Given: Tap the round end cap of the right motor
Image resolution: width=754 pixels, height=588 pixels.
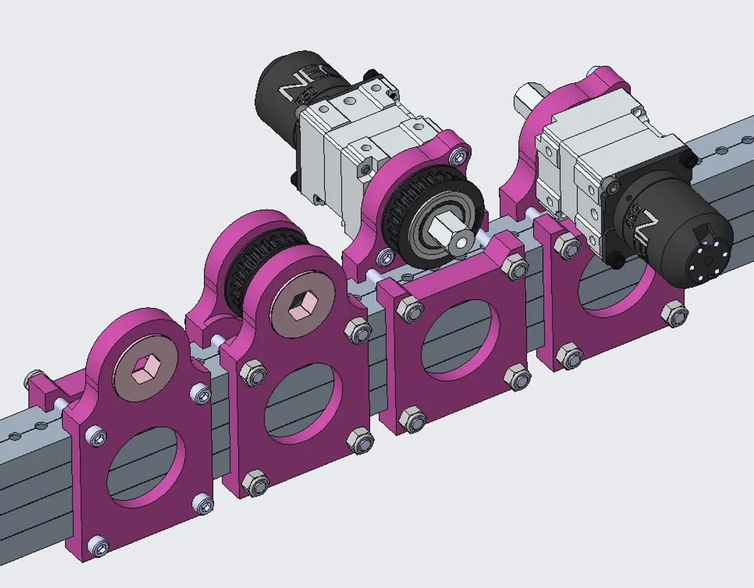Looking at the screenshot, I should point(704,260).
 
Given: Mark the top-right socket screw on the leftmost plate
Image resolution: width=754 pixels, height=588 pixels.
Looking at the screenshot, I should point(201,394).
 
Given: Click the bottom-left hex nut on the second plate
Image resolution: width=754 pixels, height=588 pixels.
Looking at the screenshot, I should point(255,483).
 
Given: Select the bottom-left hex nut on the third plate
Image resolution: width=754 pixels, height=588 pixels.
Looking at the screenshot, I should point(413,421).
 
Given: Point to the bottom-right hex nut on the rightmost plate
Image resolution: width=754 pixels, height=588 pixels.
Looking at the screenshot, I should point(674,315).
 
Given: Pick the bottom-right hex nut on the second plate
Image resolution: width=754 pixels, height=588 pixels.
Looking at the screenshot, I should point(360,442).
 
